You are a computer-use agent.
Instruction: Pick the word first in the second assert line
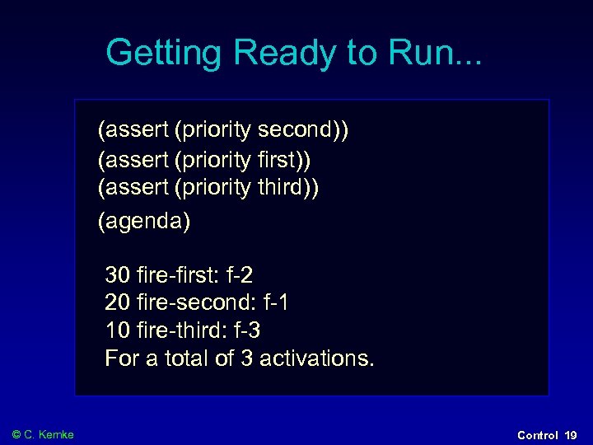click(284, 159)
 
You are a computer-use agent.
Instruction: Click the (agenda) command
click(144, 221)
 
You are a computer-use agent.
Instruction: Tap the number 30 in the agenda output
click(118, 274)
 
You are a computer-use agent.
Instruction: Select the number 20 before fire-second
click(118, 302)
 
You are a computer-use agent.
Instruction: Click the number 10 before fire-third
click(118, 330)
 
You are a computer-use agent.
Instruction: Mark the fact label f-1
click(271, 302)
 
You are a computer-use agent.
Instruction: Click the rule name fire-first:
click(174, 274)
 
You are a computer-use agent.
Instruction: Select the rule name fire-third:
click(177, 330)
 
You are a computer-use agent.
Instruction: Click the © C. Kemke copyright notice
click(43, 434)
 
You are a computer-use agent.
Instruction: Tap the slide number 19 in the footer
click(571, 434)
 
